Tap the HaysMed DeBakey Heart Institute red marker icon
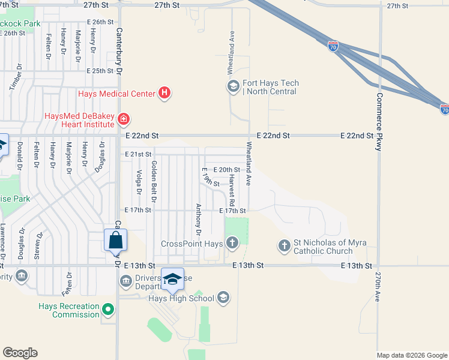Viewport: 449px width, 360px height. (123, 119)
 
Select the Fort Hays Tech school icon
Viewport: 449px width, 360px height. (233, 87)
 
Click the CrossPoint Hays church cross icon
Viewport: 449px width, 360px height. (232, 244)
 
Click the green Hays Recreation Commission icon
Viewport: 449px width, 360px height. (108, 310)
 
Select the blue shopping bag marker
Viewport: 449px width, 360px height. (115, 241)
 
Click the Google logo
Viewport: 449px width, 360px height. (20, 353)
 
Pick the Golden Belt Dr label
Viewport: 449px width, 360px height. (154, 181)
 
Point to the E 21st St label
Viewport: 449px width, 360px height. (138, 154)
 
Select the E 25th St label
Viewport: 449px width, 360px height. (100, 71)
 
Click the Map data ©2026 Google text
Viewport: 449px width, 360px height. (412, 355)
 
